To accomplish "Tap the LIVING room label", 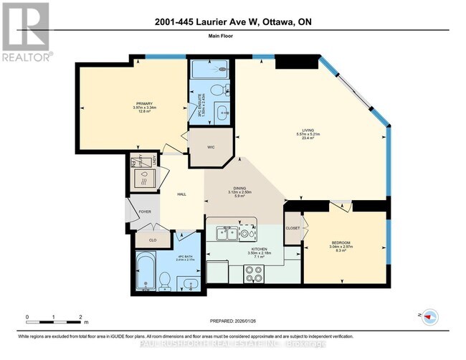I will coord(310,131).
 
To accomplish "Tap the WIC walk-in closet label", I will coord(211,147).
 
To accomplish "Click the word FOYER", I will coord(145,212).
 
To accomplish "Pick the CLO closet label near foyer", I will coord(152,240).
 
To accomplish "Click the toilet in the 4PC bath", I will coord(163,279).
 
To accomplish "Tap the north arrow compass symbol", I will coord(429,316).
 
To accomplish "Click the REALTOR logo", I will coord(26,32).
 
